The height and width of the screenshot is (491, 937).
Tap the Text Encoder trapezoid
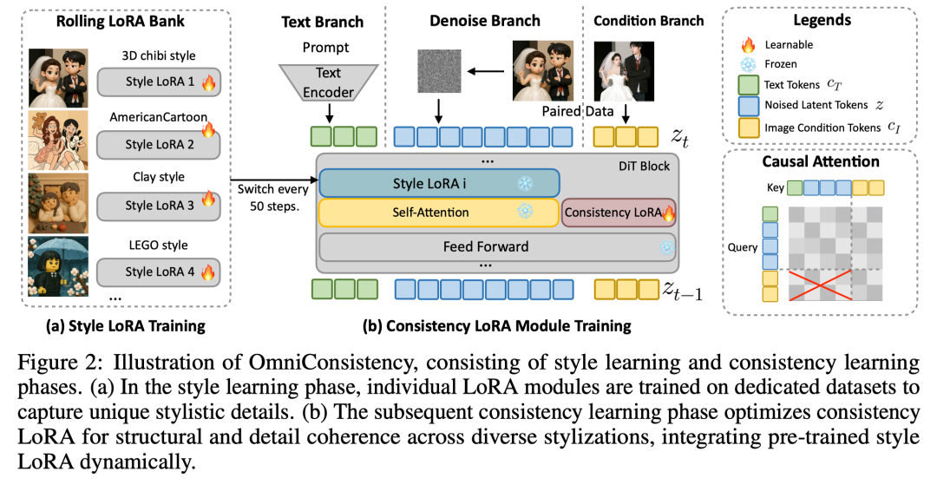(329, 82)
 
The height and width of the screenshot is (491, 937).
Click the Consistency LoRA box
(619, 212)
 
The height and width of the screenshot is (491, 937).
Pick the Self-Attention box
(439, 213)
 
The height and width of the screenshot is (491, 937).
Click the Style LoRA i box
(439, 183)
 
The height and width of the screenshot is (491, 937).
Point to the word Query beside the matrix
(744, 247)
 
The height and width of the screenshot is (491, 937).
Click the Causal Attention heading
(820, 161)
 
